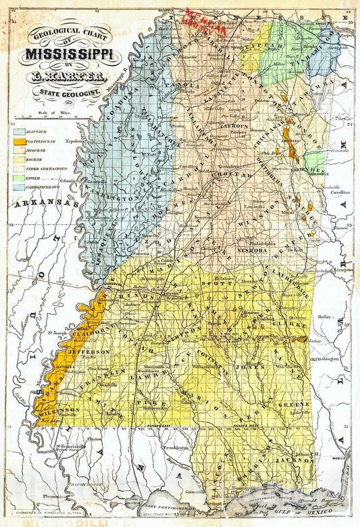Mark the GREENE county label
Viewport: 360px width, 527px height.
294,404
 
